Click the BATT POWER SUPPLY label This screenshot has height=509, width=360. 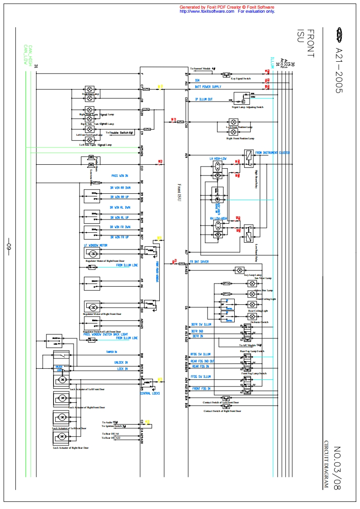click(x=208, y=87)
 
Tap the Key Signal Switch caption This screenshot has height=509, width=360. click(x=241, y=78)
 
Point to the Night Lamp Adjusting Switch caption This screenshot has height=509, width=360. click(x=247, y=107)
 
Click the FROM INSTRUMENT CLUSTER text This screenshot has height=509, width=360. click(x=272, y=153)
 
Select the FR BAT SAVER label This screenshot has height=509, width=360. click(x=199, y=262)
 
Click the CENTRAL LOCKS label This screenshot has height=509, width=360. click(x=150, y=393)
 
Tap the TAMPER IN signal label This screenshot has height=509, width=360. click(x=112, y=352)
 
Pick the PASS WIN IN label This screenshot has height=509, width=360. click(x=120, y=176)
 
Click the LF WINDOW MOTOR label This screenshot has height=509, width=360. click(x=95, y=245)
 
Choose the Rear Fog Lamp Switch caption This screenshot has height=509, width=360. click(x=252, y=352)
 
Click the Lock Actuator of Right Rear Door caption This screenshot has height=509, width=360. click(x=70, y=448)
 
